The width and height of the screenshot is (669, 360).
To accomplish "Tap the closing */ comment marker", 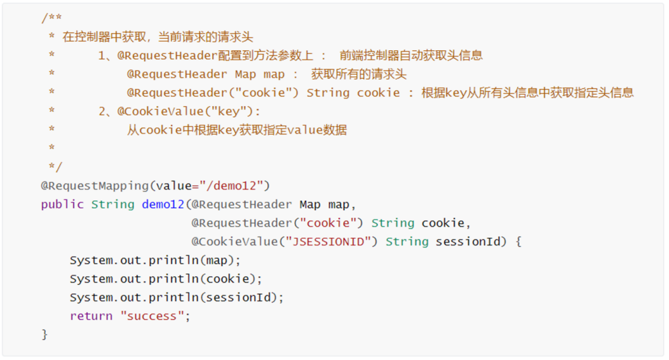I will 55,167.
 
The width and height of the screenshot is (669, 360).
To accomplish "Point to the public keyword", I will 62,204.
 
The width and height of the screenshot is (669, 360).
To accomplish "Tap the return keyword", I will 91,316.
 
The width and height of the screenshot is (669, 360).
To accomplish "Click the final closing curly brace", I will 44,334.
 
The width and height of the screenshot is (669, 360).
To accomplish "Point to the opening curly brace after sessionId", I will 518,241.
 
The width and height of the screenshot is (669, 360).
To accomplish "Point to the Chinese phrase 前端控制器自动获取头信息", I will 411,56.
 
